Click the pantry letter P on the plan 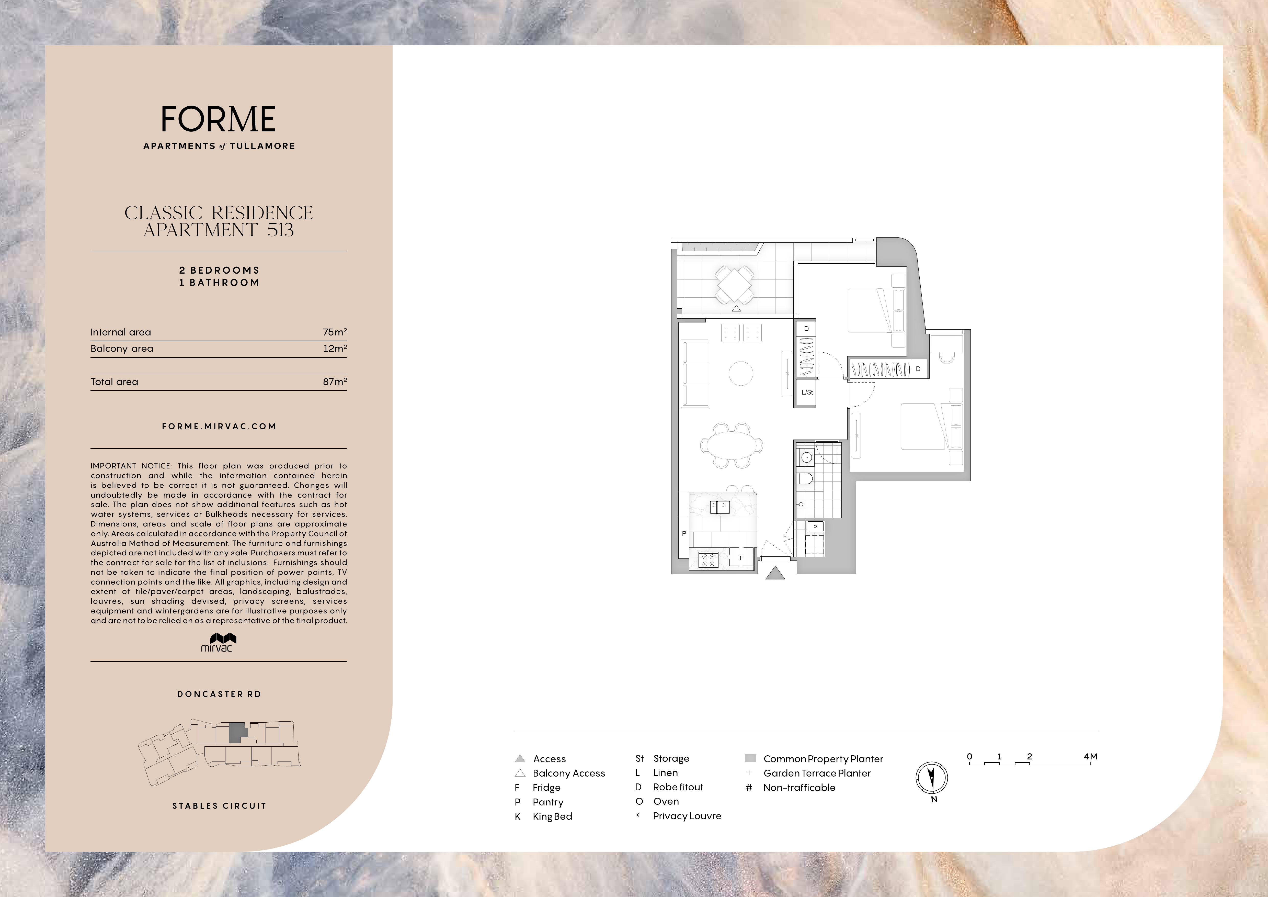click(684, 534)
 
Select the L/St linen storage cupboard click(806, 393)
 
